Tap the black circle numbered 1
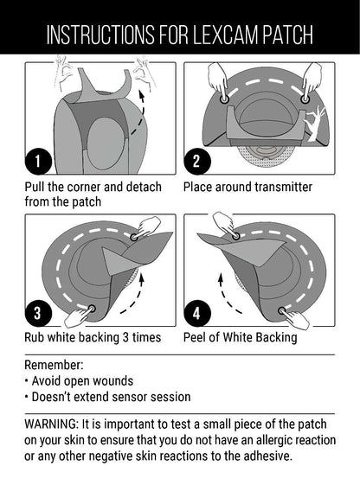tap(38, 162)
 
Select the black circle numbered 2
tap(196, 162)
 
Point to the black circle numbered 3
tap(38, 313)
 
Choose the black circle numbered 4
tap(196, 313)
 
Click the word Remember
tap(54, 365)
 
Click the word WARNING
tap(52, 424)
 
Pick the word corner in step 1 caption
tap(84, 187)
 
